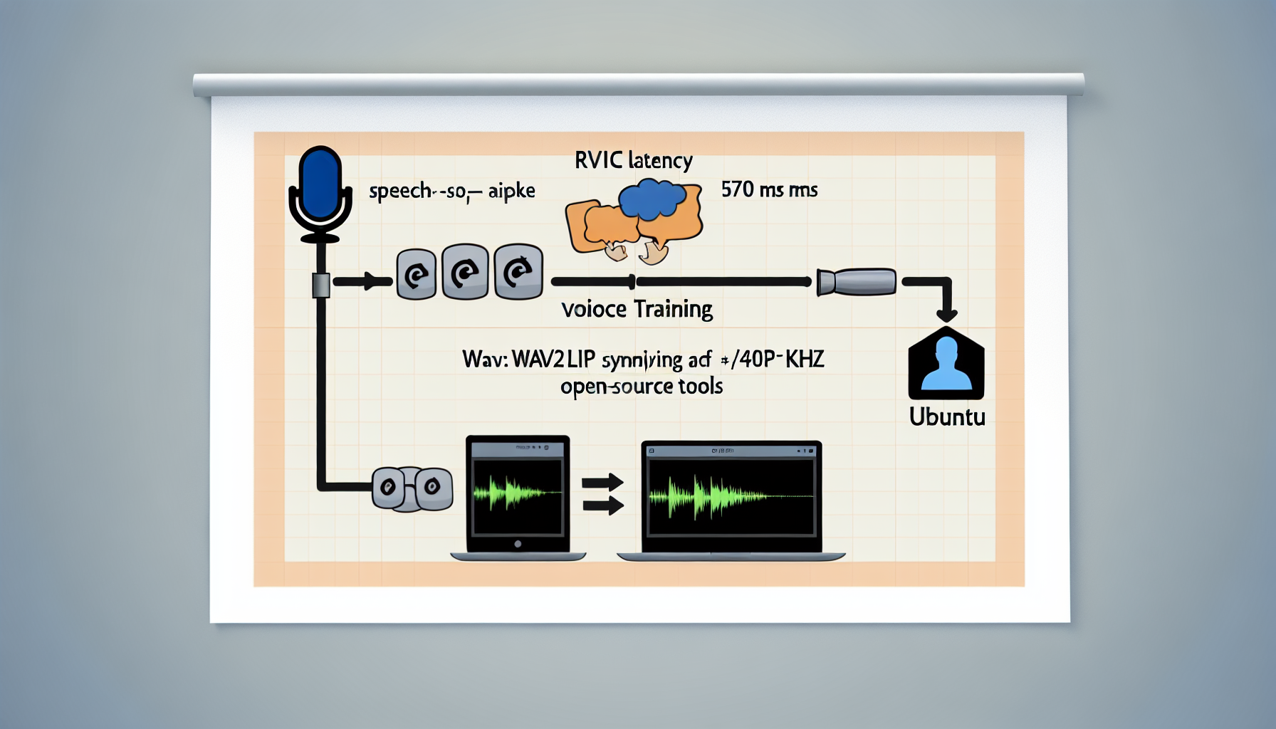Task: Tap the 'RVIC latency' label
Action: click(x=633, y=161)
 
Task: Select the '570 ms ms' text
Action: click(x=769, y=189)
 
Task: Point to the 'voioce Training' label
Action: click(x=637, y=310)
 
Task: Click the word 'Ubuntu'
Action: click(x=947, y=416)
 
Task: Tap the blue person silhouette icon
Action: click(x=946, y=365)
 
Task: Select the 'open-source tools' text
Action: click(x=641, y=387)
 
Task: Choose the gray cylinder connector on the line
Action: click(x=857, y=282)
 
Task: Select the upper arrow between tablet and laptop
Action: click(x=602, y=483)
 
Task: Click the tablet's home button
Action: click(x=518, y=544)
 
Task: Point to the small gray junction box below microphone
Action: click(x=321, y=285)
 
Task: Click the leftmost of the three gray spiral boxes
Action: click(x=416, y=274)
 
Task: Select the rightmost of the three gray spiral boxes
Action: click(x=518, y=271)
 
